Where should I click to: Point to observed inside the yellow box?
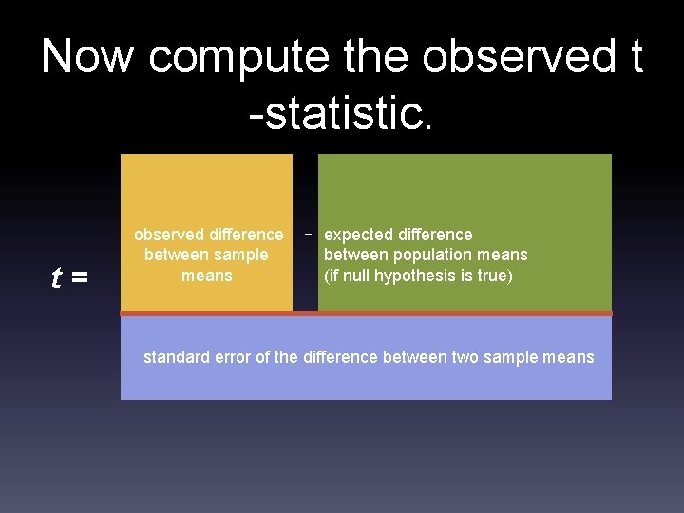coord(168,235)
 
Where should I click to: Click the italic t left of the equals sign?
coord(57,277)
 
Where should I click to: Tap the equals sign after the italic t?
coord(80,278)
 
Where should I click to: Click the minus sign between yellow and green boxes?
coord(308,233)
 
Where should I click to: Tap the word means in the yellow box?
coord(206,275)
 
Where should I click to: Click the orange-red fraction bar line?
coord(366,313)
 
